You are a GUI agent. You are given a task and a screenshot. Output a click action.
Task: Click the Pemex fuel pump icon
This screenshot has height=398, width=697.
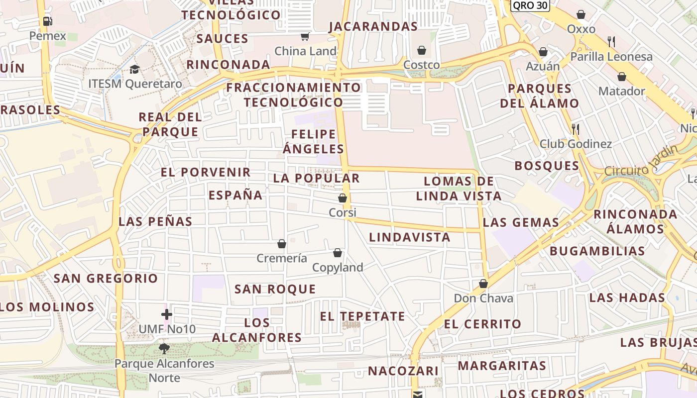coord(47,21)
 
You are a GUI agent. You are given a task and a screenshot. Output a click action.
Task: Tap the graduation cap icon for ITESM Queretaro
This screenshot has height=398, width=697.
coord(135,69)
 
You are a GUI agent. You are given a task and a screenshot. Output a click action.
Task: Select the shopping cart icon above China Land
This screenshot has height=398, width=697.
coord(305,36)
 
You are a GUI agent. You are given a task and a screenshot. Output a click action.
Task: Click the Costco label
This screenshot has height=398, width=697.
coord(421,65)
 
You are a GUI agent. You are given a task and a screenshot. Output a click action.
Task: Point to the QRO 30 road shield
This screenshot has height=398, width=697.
coord(530,5)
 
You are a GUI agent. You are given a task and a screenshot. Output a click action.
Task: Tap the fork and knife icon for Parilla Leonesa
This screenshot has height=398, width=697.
coord(611,42)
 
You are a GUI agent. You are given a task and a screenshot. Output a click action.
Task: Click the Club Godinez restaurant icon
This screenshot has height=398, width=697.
coord(576,129)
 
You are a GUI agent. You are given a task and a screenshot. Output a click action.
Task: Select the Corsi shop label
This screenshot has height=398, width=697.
coord(343,212)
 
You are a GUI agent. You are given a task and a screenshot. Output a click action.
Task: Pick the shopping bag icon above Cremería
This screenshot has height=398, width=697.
coord(282,244)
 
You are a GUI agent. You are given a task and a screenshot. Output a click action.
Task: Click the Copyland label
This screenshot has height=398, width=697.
coord(338,267)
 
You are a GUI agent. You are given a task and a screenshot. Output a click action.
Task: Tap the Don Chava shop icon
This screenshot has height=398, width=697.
coord(483,284)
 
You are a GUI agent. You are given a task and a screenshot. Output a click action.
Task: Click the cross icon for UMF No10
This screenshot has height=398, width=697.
coord(167,314)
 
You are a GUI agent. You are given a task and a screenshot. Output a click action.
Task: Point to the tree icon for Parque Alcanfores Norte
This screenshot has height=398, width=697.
coord(164,348)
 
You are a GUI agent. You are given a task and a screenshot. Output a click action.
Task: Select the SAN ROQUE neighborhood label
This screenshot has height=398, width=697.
coord(275,289)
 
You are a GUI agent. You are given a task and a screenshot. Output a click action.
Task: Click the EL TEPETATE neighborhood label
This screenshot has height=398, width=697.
coord(362,316)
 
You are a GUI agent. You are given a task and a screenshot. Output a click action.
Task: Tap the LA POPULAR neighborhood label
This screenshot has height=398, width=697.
coord(316,178)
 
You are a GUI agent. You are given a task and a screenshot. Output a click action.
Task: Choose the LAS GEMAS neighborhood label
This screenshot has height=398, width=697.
coord(521,222)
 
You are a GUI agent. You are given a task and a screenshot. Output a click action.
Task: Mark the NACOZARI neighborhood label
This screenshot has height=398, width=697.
coord(403,371)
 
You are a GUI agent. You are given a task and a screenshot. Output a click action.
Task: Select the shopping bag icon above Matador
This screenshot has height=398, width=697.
coord(621,77)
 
